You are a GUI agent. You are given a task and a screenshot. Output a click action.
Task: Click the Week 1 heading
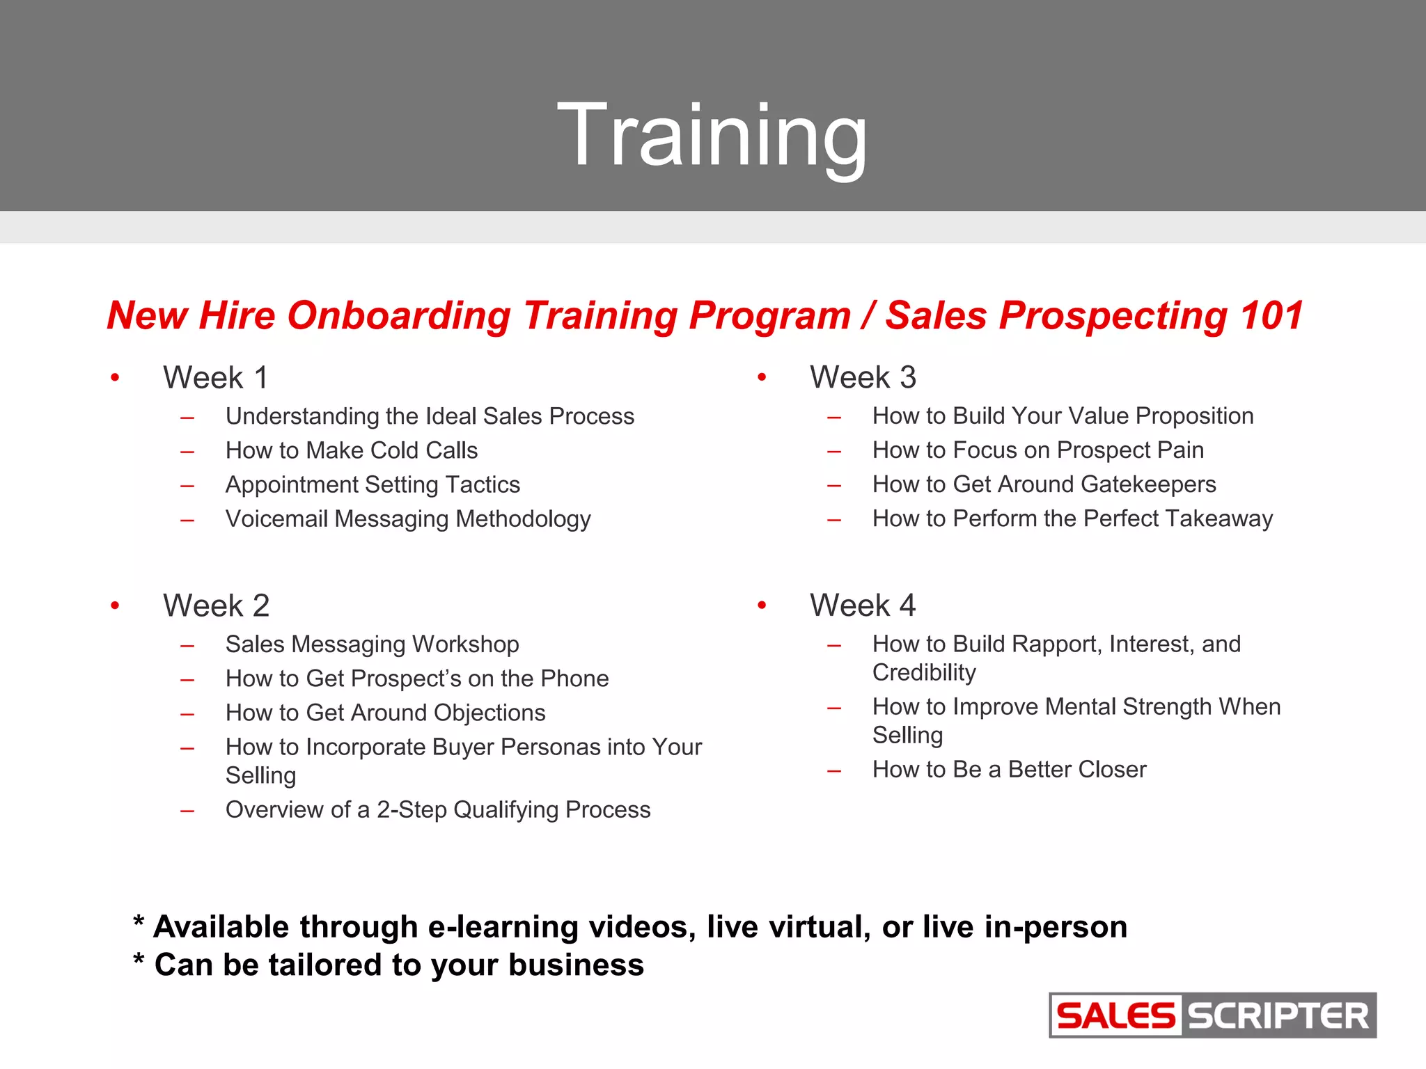coord(215,378)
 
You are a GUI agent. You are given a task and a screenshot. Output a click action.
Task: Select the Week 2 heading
coord(216,605)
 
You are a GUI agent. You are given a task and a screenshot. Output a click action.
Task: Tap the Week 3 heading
coord(863,377)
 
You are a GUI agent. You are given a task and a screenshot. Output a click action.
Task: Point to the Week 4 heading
coord(863,605)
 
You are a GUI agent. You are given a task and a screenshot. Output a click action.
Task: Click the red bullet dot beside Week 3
coord(762,377)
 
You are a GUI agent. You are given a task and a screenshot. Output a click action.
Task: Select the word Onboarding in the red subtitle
coord(399,315)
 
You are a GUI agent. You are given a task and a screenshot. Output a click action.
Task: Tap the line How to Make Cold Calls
coord(352,450)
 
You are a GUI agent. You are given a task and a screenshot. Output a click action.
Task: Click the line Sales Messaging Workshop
coord(372,644)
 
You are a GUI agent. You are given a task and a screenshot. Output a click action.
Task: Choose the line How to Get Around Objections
coord(385,713)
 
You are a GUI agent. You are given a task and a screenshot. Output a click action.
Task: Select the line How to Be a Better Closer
coord(1009,769)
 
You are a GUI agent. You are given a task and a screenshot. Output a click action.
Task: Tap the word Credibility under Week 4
coord(924,672)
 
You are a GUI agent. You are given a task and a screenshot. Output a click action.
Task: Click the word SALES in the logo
coord(1115,1015)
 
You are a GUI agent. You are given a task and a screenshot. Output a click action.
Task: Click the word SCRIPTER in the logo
coord(1278,1015)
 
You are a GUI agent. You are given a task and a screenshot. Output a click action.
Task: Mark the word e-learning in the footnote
coord(503,927)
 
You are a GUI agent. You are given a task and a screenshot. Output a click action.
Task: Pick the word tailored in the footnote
coord(326,965)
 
